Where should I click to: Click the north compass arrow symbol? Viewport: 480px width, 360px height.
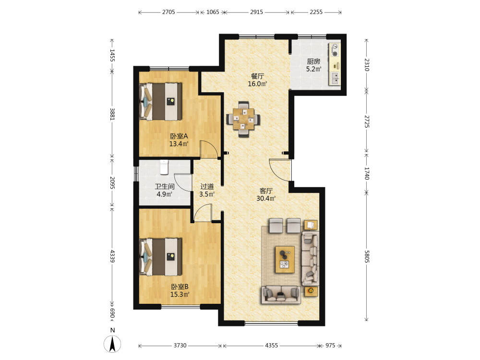click(112, 344)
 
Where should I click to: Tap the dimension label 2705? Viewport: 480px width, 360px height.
click(168, 12)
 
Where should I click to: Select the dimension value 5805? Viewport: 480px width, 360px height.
click(367, 256)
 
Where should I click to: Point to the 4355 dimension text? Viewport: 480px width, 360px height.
click(272, 345)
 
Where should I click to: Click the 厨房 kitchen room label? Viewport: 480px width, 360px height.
click(313, 61)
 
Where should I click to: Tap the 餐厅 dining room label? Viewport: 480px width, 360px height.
click(257, 76)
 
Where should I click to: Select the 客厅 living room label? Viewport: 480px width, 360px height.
click(266, 191)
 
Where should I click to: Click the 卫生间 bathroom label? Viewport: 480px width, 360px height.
click(164, 186)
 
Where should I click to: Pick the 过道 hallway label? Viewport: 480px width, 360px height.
click(207, 186)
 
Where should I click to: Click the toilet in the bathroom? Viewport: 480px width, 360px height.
click(164, 167)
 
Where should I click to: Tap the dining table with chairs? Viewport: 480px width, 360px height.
click(243, 119)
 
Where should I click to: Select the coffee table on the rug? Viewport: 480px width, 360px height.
click(285, 259)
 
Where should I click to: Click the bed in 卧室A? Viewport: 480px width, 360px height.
click(160, 101)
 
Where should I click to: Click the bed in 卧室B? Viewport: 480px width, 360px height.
click(160, 256)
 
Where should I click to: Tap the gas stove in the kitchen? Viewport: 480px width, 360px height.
click(335, 50)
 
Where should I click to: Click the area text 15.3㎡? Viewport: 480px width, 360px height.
click(180, 295)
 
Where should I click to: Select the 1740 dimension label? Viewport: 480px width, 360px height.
click(367, 173)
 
